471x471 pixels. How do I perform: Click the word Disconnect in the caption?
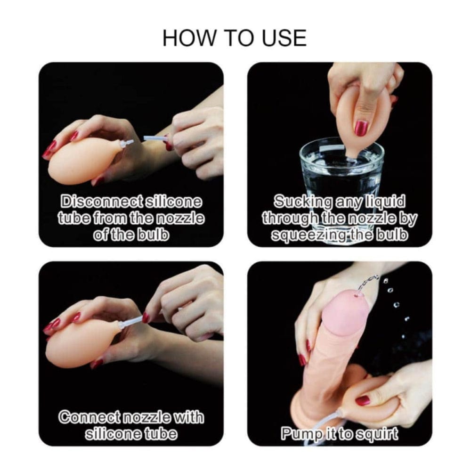coord(101,201)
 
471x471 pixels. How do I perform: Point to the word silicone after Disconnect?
coord(174,201)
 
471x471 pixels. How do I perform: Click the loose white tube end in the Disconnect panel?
coord(154,138)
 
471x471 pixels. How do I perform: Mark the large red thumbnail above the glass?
coord(361,128)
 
